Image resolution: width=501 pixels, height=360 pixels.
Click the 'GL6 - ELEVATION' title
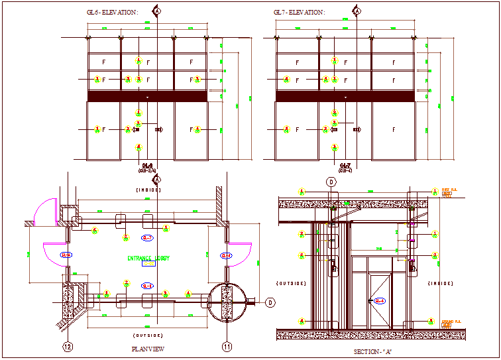pos(113,12)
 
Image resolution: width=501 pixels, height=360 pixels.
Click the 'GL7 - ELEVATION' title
pos(299,12)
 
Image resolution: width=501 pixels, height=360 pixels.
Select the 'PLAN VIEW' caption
pos(148,349)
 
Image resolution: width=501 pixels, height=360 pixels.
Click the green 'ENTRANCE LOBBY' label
pos(148,258)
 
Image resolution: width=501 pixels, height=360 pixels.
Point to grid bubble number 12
pos(67,346)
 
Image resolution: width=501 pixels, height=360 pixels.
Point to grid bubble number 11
pos(227,346)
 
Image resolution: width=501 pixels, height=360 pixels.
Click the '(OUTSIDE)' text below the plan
pos(148,335)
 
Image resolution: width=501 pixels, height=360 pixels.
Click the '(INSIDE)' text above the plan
pos(148,190)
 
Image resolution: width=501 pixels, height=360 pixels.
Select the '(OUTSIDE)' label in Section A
pos(292,283)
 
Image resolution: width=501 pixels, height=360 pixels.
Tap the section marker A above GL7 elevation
pos(357,11)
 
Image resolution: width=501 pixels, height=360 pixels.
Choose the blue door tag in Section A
pos(380,302)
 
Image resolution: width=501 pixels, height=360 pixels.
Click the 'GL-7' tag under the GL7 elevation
pos(345,166)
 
